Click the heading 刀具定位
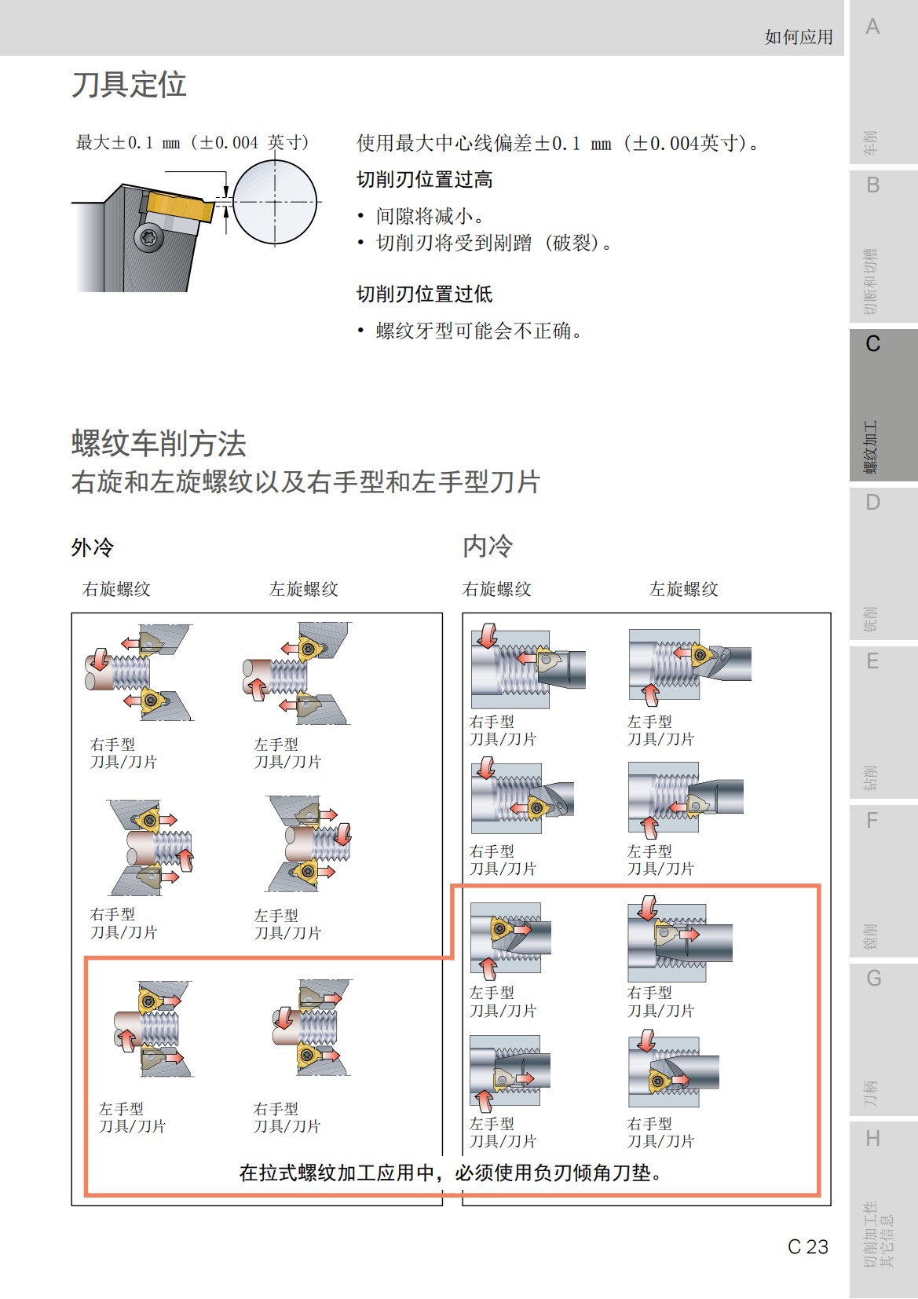click(x=129, y=85)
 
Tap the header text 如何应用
click(x=798, y=37)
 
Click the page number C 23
click(x=807, y=1246)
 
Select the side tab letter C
click(x=872, y=344)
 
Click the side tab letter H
click(x=872, y=1138)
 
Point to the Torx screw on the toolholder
click(x=149, y=236)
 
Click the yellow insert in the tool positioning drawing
click(x=180, y=207)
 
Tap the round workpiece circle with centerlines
click(x=275, y=202)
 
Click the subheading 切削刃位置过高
click(x=424, y=180)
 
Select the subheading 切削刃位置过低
click(x=424, y=295)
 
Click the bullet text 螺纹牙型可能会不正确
click(x=479, y=331)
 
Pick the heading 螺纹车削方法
click(x=159, y=444)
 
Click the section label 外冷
click(x=93, y=547)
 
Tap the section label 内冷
click(x=488, y=547)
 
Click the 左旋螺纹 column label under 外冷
click(x=303, y=589)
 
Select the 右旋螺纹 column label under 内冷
click(x=496, y=589)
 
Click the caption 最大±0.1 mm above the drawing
click(x=192, y=143)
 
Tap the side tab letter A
click(x=872, y=27)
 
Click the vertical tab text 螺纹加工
click(x=871, y=447)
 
